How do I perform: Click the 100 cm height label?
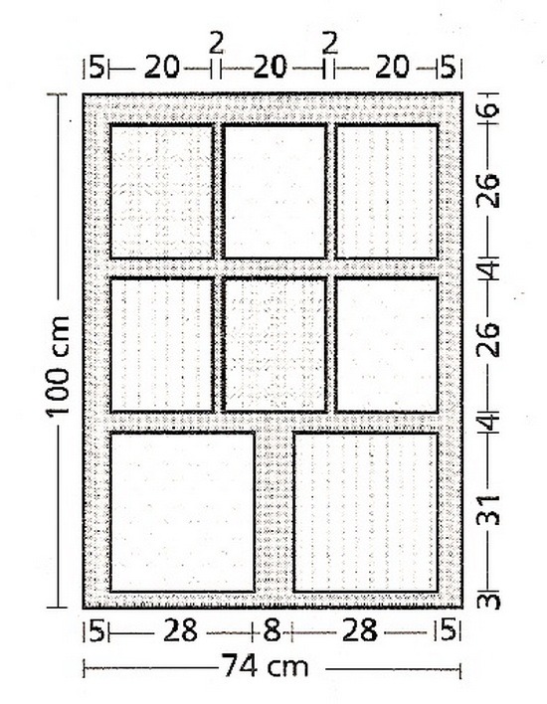(x=58, y=366)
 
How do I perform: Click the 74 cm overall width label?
(x=266, y=666)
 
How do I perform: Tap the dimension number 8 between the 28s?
(x=272, y=630)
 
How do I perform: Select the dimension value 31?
(x=487, y=510)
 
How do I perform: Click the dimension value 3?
(x=488, y=601)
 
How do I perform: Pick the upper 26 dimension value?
(x=487, y=191)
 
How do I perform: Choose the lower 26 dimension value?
(x=487, y=339)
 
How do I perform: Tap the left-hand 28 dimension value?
(x=180, y=630)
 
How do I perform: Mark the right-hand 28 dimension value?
(x=359, y=630)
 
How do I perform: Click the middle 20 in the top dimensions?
(x=270, y=68)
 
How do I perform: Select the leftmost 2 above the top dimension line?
(x=217, y=45)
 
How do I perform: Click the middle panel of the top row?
(x=274, y=192)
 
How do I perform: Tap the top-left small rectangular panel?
(x=162, y=192)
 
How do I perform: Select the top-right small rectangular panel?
(x=387, y=192)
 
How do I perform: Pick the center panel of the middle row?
(x=274, y=345)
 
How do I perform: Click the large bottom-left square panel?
(x=182, y=512)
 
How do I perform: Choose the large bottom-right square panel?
(x=366, y=512)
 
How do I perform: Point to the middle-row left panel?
(x=162, y=345)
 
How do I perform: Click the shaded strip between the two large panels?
(x=273, y=512)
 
